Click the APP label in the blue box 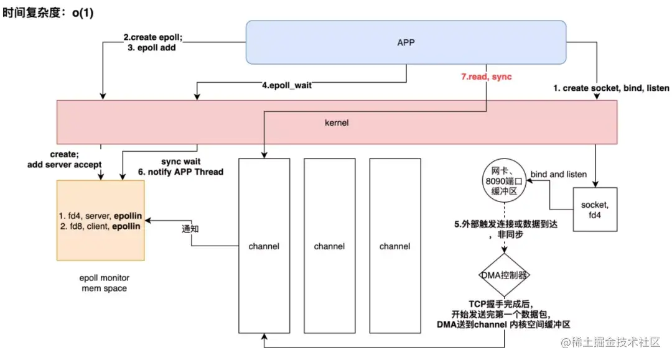pos(406,43)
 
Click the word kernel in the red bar pos(337,122)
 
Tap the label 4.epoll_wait pos(286,85)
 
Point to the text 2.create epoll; pos(152,37)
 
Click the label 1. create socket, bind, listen pos(611,88)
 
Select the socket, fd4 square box pos(596,210)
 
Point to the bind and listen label pos(558,175)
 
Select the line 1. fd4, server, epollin pos(100,216)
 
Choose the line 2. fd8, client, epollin pos(100,227)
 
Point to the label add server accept pos(64,165)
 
